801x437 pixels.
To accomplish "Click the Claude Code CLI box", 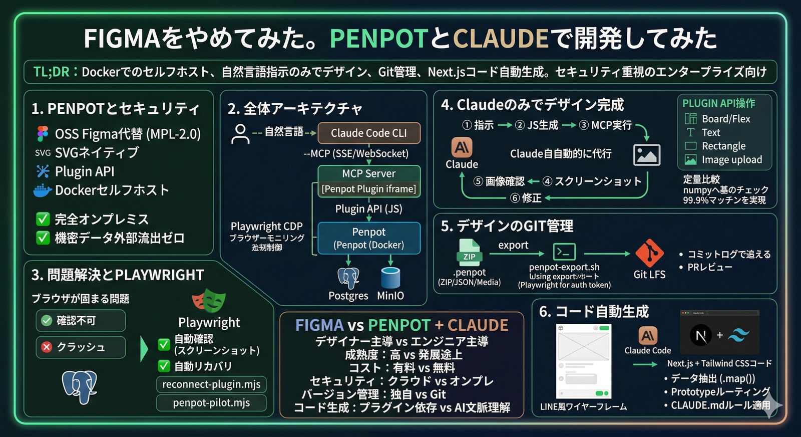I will (x=369, y=133).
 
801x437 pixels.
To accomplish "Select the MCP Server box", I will (x=369, y=173).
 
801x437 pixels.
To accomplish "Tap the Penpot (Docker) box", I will (x=369, y=238).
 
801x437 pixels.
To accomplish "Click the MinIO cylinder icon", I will (x=390, y=278).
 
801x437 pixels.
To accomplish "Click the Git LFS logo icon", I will (x=649, y=253).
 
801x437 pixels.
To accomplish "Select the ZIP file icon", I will (x=469, y=252).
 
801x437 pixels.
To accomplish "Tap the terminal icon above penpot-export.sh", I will (x=564, y=252).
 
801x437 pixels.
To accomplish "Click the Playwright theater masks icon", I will (x=209, y=301).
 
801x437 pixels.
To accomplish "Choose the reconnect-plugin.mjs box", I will (x=211, y=384).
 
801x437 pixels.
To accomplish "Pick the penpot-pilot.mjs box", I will (x=211, y=403).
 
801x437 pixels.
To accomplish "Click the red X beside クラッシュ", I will (x=47, y=347).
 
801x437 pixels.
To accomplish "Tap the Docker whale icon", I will (x=43, y=190).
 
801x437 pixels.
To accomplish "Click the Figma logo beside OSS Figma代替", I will (x=43, y=134).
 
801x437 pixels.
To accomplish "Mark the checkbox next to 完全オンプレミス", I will (x=43, y=219).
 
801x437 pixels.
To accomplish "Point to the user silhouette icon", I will (x=240, y=134).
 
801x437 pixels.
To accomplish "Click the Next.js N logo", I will (x=701, y=335).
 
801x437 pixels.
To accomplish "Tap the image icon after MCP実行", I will (x=646, y=155).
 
